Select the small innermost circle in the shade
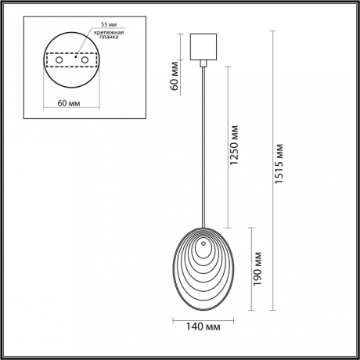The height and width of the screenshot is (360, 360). (204, 251)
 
